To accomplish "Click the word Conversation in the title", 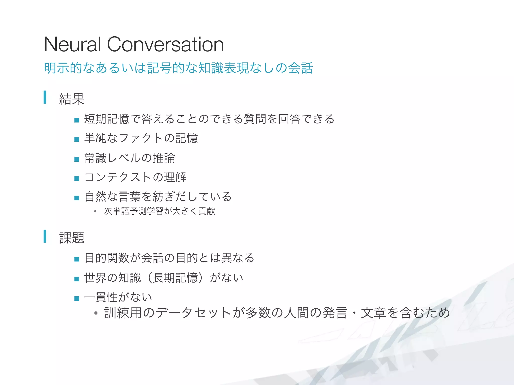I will point(165,44).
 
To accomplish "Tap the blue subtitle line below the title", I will point(178,68).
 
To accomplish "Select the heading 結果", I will point(72,99).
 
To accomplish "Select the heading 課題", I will point(72,238).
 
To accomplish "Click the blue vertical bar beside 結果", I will point(45,97).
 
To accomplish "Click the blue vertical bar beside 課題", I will point(45,236).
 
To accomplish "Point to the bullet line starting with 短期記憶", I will point(209,119).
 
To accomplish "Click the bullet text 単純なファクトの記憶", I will point(141,138).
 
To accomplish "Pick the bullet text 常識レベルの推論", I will point(130,158).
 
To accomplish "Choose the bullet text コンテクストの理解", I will point(135,177).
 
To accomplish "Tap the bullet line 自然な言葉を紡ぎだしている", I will point(158,197).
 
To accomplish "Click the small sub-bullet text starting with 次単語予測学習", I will point(159,211).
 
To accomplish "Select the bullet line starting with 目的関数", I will point(169,258).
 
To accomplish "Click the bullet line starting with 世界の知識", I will point(164,278).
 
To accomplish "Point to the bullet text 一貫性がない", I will point(118,297).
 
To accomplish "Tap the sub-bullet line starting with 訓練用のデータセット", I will point(277,313).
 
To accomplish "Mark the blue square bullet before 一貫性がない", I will point(77,298).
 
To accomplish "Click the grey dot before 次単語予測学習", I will point(95,212).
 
